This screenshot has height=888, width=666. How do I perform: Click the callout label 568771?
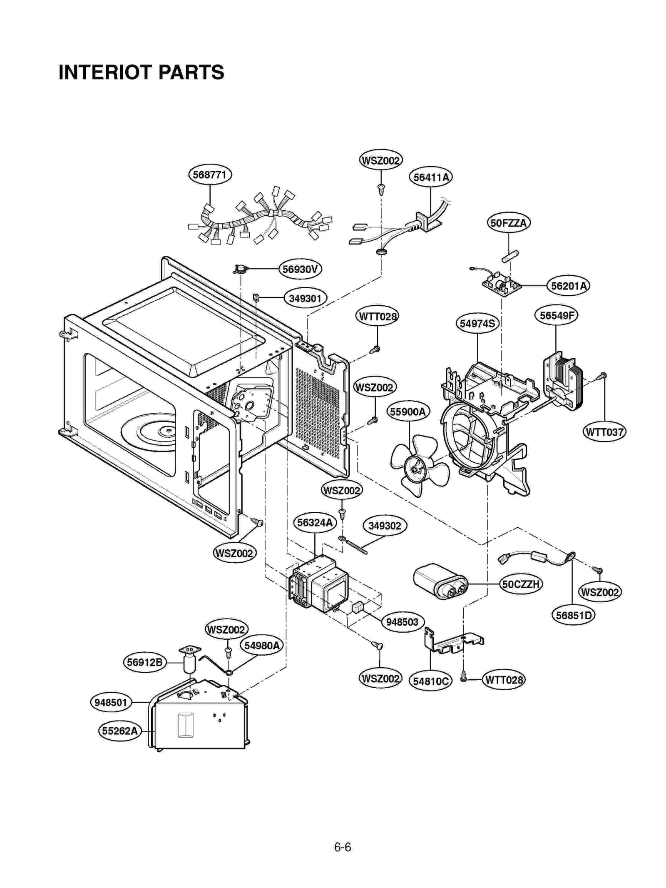[x=210, y=175]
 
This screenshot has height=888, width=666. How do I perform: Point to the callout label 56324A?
[x=315, y=523]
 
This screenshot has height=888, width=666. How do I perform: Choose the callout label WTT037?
[x=604, y=432]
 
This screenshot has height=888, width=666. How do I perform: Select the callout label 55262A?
[x=119, y=731]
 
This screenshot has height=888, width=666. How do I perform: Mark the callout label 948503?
[x=402, y=622]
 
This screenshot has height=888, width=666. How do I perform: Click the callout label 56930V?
[x=300, y=269]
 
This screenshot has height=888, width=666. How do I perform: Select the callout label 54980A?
[x=261, y=646]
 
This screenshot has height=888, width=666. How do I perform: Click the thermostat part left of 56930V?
[x=240, y=269]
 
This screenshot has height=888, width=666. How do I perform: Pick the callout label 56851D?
[x=573, y=615]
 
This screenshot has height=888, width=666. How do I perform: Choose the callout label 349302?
[x=384, y=526]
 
